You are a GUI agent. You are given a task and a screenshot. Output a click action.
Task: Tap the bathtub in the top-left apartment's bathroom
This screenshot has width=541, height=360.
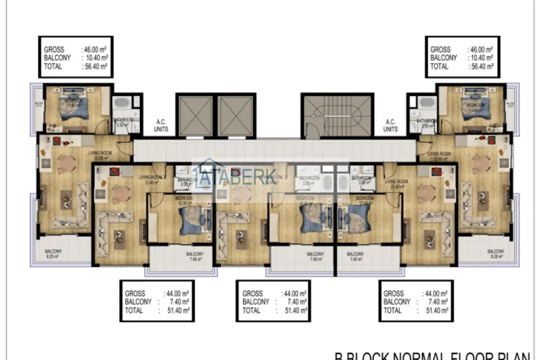pos(121,104)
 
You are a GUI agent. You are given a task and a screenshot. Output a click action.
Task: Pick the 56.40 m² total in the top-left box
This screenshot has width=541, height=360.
pos(95,66)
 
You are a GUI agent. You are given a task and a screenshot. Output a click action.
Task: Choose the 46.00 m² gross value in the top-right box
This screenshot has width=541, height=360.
pos(481,50)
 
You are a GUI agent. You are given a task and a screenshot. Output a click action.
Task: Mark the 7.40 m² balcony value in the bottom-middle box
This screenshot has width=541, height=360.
pos(295,302)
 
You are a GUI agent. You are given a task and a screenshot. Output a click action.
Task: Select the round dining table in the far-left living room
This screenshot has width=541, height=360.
pos(66,165)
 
